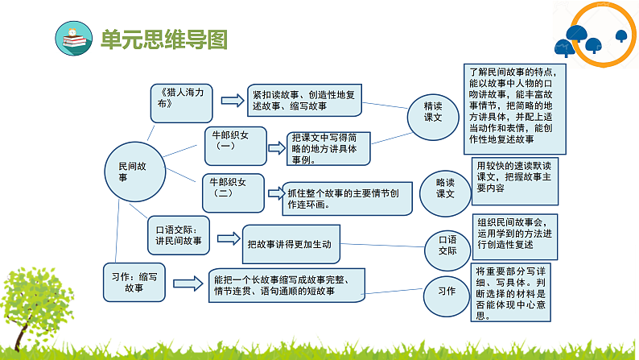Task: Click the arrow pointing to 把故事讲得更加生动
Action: [230, 239]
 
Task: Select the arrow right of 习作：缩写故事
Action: [188, 282]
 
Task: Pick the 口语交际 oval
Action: [447, 245]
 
